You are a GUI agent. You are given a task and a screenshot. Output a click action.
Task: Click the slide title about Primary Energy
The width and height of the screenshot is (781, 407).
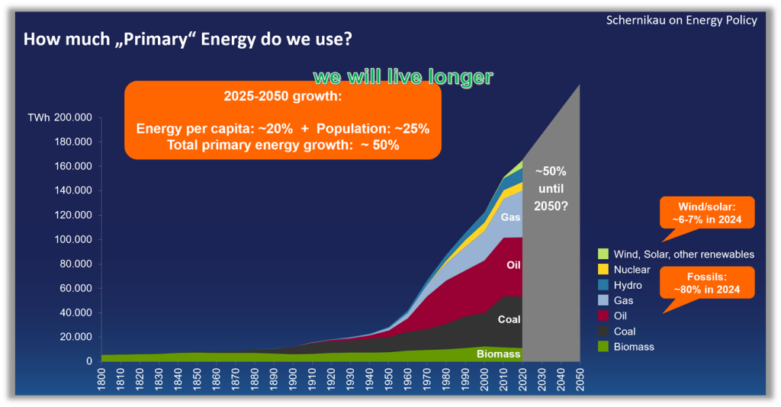(x=187, y=39)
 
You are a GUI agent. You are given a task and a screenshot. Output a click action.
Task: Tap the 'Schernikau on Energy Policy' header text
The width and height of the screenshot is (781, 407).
(x=681, y=20)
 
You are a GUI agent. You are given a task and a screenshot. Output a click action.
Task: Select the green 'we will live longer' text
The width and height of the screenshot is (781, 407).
(x=403, y=77)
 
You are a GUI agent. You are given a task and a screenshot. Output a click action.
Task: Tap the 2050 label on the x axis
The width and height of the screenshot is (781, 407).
(x=580, y=380)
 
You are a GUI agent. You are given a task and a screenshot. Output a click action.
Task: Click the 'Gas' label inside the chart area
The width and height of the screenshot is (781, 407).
(x=511, y=217)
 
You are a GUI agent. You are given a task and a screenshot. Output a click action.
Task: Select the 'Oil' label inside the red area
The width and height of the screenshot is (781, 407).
(x=513, y=264)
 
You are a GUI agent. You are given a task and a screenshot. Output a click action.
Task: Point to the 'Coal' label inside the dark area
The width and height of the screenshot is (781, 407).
(x=509, y=319)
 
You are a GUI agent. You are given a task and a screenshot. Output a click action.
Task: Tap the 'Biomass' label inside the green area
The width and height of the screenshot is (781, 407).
(x=499, y=354)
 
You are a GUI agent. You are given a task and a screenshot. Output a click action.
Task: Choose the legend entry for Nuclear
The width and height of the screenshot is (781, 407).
(x=632, y=270)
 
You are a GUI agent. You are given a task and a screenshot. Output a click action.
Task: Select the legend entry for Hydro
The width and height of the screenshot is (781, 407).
(x=628, y=285)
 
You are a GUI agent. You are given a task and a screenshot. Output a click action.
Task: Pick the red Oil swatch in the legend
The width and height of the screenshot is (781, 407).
(x=603, y=316)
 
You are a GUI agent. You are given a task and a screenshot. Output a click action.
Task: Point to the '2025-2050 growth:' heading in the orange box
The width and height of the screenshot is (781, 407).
(x=283, y=98)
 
